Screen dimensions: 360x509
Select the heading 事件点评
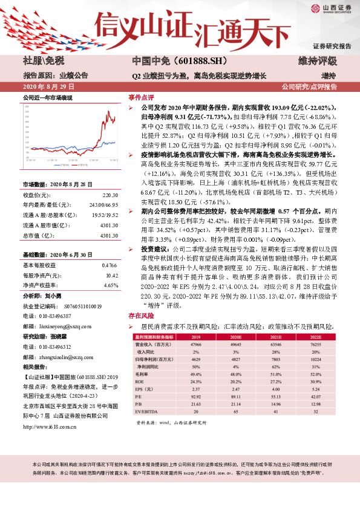(x=141, y=97)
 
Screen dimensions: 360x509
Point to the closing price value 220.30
(x=110, y=195)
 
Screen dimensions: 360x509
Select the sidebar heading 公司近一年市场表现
(x=47, y=97)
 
